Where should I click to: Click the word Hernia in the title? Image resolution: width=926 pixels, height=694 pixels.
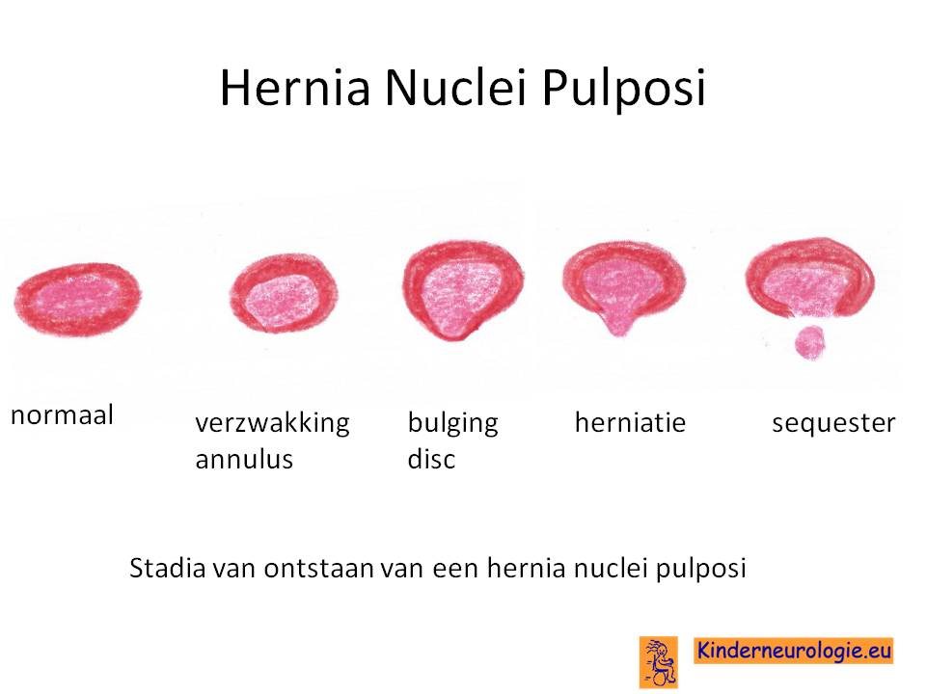(295, 88)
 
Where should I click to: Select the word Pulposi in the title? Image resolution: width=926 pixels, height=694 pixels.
(624, 89)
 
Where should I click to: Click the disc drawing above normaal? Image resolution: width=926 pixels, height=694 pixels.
(78, 300)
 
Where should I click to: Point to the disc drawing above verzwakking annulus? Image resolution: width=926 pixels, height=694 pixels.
(284, 293)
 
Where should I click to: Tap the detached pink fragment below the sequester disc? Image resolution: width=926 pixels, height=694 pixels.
(809, 343)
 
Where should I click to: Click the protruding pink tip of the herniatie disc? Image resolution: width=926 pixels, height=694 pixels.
(617, 324)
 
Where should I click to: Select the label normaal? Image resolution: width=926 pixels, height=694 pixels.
(62, 414)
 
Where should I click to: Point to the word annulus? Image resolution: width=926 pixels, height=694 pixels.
(244, 459)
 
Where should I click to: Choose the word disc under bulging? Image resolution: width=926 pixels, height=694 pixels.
(431, 459)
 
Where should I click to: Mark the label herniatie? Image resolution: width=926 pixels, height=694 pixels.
(630, 422)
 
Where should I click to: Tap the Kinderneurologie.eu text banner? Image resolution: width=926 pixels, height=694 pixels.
(794, 651)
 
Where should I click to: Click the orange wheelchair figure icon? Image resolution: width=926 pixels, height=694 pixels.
(659, 662)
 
